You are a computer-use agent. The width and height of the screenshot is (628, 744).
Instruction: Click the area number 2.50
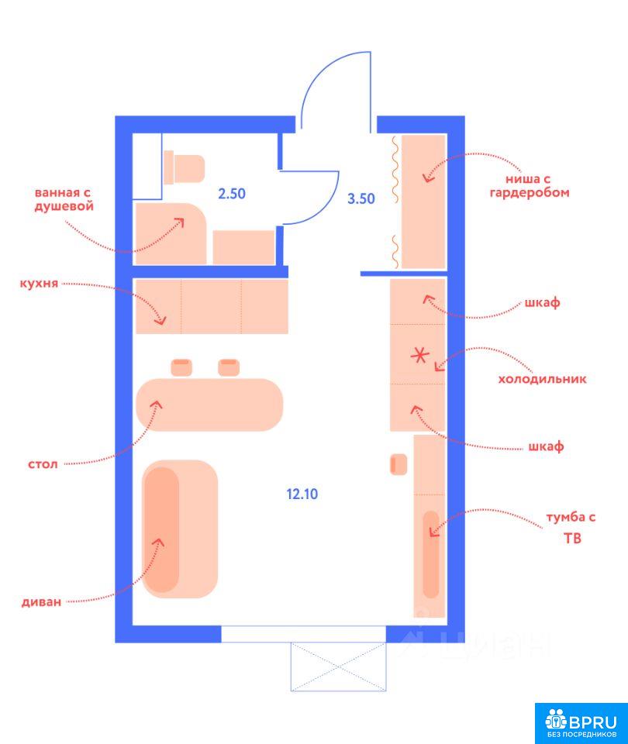(x=232, y=194)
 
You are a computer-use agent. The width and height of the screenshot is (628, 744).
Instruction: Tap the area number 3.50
(x=361, y=198)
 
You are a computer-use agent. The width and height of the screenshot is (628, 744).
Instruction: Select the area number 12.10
(x=302, y=494)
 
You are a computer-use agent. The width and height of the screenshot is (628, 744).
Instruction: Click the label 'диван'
(x=41, y=602)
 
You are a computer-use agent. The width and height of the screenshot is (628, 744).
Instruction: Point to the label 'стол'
(x=43, y=464)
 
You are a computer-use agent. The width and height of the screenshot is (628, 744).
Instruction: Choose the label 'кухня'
(x=39, y=284)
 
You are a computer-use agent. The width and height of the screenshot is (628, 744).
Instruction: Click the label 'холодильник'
(x=542, y=379)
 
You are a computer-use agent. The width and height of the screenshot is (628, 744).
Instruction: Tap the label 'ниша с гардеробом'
(x=530, y=185)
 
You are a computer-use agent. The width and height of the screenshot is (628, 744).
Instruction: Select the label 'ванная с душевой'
(x=64, y=200)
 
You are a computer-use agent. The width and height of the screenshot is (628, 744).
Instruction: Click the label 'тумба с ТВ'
(x=571, y=527)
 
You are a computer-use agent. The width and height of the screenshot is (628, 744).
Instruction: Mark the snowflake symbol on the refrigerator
(x=419, y=355)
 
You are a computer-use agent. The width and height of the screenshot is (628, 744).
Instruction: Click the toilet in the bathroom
(x=185, y=168)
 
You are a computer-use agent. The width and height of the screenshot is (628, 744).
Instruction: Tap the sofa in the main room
(x=180, y=529)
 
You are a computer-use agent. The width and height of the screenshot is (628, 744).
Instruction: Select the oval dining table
(x=209, y=405)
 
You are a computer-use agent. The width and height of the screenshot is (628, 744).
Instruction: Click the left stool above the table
(x=181, y=367)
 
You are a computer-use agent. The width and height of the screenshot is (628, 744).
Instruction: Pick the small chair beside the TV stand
(x=399, y=464)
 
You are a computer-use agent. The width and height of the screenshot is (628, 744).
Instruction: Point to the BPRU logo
(x=581, y=723)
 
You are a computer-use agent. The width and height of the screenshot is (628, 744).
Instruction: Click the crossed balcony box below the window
(x=339, y=666)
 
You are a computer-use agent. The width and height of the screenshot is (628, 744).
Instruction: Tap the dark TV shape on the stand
(x=431, y=554)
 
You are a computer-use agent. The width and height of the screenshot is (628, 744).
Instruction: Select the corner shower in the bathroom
(x=171, y=233)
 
